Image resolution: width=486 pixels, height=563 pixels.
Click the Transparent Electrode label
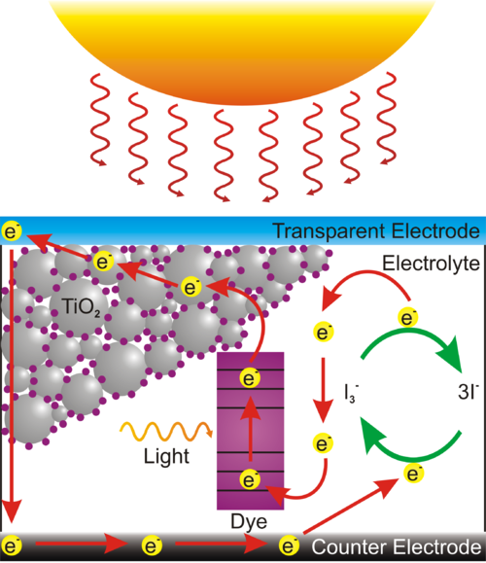click(x=375, y=231)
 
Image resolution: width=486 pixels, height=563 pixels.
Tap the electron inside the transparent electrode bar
click(x=12, y=232)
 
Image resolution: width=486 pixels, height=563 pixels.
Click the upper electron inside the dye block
click(x=251, y=379)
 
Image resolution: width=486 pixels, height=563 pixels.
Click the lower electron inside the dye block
click(x=251, y=479)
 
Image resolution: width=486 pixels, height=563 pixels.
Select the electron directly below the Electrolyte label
click(x=409, y=317)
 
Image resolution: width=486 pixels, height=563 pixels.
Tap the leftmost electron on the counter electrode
click(x=13, y=544)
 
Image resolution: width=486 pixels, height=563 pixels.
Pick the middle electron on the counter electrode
click(x=151, y=544)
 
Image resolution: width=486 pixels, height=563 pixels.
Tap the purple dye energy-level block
click(x=250, y=428)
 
